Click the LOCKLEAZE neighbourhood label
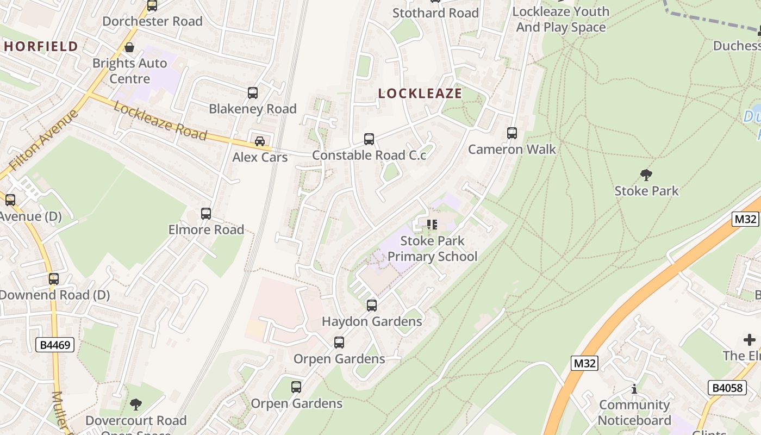pyautogui.click(x=420, y=94)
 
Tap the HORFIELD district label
pyautogui.click(x=41, y=47)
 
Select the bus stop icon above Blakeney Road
pyautogui.click(x=253, y=93)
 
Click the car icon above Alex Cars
pyautogui.click(x=260, y=141)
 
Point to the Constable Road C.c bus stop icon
pyautogui.click(x=369, y=139)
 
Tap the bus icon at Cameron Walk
pyautogui.click(x=512, y=133)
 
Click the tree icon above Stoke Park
pyautogui.click(x=646, y=175)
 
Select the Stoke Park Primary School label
pyautogui.click(x=432, y=248)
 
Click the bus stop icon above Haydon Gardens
pyautogui.click(x=372, y=306)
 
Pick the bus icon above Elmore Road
pyautogui.click(x=206, y=214)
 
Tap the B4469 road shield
pyautogui.click(x=55, y=345)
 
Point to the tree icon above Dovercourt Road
pyautogui.click(x=136, y=405)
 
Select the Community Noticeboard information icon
pyautogui.click(x=634, y=389)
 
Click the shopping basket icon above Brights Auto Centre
pyautogui.click(x=129, y=47)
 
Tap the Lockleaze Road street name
pyautogui.click(x=160, y=121)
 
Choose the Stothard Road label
pyautogui.click(x=435, y=13)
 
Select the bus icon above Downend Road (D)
pyautogui.click(x=54, y=279)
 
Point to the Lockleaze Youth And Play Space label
pyautogui.click(x=560, y=19)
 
